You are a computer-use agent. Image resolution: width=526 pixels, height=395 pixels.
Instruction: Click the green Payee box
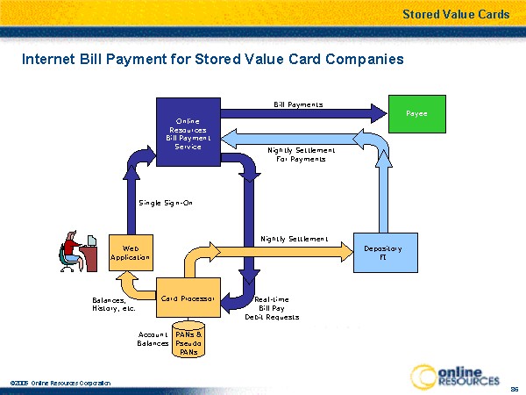[x=416, y=114]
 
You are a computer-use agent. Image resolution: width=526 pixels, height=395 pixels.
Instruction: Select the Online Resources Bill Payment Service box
[x=188, y=133]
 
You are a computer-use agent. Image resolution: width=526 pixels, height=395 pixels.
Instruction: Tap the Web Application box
[x=131, y=252]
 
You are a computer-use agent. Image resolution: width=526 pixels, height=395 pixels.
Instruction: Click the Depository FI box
[x=382, y=252]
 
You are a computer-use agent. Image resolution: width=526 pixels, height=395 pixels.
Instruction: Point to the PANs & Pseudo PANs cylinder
[x=188, y=342]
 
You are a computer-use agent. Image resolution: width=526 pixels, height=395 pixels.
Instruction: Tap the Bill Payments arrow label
[x=298, y=104]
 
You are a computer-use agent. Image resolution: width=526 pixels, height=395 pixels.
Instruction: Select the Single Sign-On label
[x=166, y=203]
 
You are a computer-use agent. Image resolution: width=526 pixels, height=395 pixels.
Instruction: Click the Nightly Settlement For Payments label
[x=296, y=154]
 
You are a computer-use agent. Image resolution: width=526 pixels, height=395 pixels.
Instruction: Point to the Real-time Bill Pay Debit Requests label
[x=272, y=308]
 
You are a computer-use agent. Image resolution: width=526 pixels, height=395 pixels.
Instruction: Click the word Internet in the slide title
[x=48, y=60]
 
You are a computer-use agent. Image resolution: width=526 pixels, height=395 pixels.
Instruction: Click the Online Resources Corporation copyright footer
[x=61, y=384]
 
